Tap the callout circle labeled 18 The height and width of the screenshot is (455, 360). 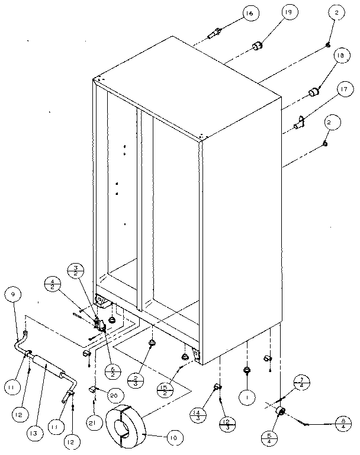339,56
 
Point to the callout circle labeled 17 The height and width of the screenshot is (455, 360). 342,90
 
